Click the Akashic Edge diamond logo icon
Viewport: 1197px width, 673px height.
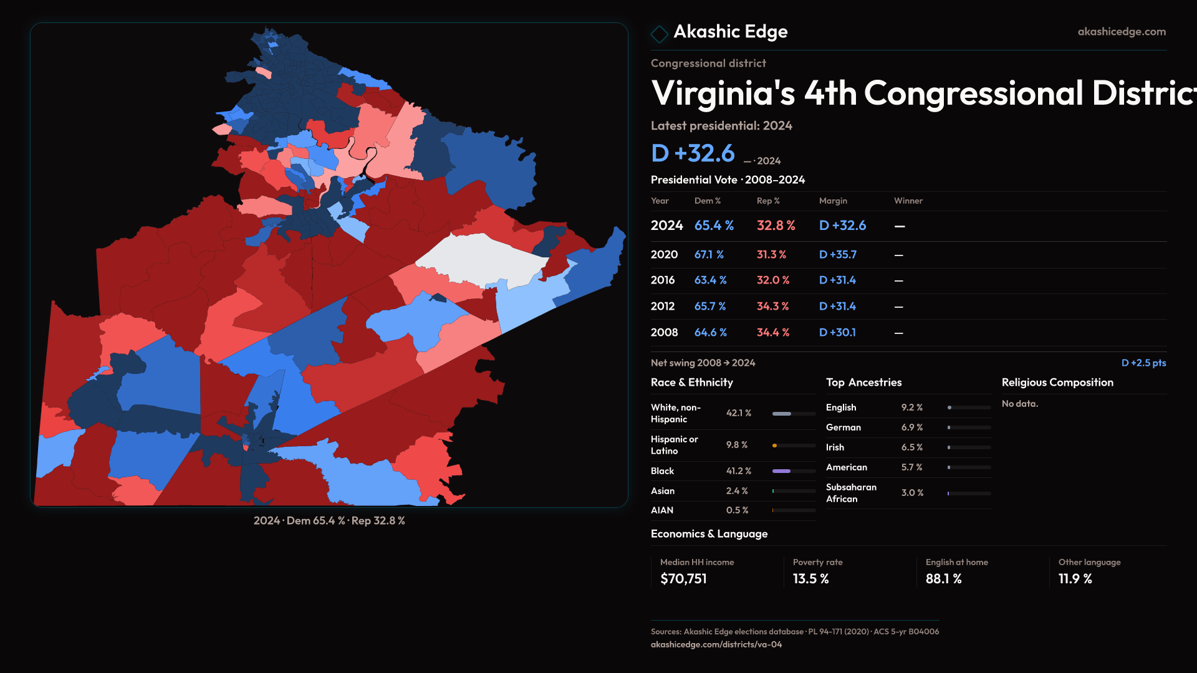click(659, 33)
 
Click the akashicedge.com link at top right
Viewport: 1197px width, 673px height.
click(1121, 32)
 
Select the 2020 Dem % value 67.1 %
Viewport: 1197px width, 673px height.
click(709, 255)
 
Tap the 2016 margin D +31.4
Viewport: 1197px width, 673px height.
click(837, 280)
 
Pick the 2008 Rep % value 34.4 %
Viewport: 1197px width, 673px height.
click(772, 333)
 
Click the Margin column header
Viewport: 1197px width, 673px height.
click(833, 201)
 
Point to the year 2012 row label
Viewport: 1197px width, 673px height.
click(662, 307)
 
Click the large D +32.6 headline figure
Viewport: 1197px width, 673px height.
click(693, 153)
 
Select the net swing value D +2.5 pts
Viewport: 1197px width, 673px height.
click(1143, 363)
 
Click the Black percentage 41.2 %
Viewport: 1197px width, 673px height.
click(738, 471)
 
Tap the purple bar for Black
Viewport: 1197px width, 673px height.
click(781, 471)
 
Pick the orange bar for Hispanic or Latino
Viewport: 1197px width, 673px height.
click(774, 446)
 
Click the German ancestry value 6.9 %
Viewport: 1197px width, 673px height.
click(911, 427)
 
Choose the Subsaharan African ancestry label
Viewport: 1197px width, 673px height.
click(851, 493)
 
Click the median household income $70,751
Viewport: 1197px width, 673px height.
click(683, 579)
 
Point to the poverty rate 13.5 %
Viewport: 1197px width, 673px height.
click(810, 579)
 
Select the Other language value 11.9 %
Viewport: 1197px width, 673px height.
click(1075, 579)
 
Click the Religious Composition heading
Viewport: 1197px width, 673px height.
click(1057, 383)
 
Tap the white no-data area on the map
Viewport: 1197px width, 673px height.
click(480, 259)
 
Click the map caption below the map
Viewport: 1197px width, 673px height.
click(329, 521)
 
